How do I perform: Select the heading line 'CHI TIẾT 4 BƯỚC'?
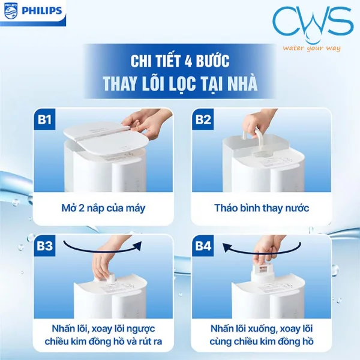(180, 61)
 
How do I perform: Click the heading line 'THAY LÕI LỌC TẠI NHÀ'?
(180, 84)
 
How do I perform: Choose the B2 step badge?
(203, 120)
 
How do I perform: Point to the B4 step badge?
(204, 246)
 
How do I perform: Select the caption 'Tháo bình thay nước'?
(261, 208)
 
